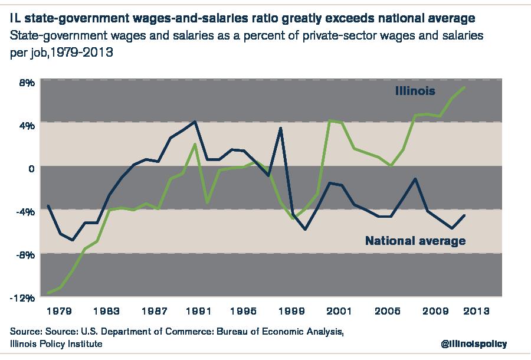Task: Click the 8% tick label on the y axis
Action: point(27,82)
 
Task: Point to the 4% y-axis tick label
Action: point(27,125)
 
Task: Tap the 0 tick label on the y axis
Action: point(31,168)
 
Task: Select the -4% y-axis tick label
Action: point(25,211)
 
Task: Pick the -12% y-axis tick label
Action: point(24,298)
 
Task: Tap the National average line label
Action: point(415,241)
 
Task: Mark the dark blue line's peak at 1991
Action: point(195,122)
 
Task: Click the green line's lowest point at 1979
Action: point(49,293)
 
